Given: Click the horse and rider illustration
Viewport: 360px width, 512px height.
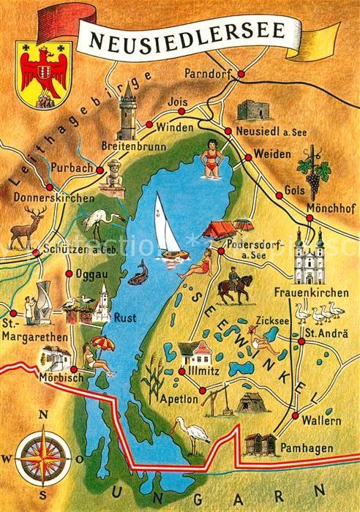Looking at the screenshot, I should point(235,287).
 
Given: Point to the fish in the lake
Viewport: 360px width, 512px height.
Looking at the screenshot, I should point(138,272).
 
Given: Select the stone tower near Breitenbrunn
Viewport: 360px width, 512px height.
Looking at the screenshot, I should point(129,110).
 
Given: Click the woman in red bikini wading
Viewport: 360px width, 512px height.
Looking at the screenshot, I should point(211,157).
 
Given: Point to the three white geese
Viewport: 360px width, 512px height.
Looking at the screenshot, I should point(326,314).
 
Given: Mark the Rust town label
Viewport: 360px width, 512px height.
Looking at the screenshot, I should point(124,318).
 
